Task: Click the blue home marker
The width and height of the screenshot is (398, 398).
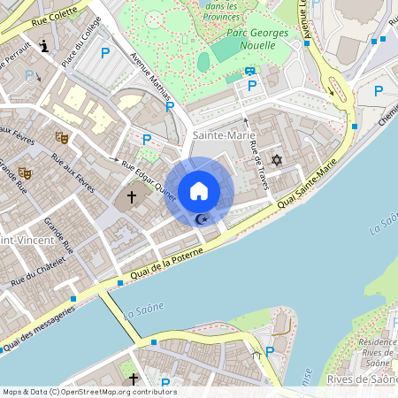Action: click(199, 191)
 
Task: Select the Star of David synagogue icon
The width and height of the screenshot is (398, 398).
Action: click(276, 161)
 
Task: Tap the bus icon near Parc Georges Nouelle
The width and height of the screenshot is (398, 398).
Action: click(250, 71)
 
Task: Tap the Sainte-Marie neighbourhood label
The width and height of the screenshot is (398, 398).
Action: click(218, 134)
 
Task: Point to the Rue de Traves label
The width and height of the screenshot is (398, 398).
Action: click(259, 165)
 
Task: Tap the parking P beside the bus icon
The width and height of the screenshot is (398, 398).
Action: click(253, 86)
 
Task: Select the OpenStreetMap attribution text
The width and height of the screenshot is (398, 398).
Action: click(89, 392)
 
